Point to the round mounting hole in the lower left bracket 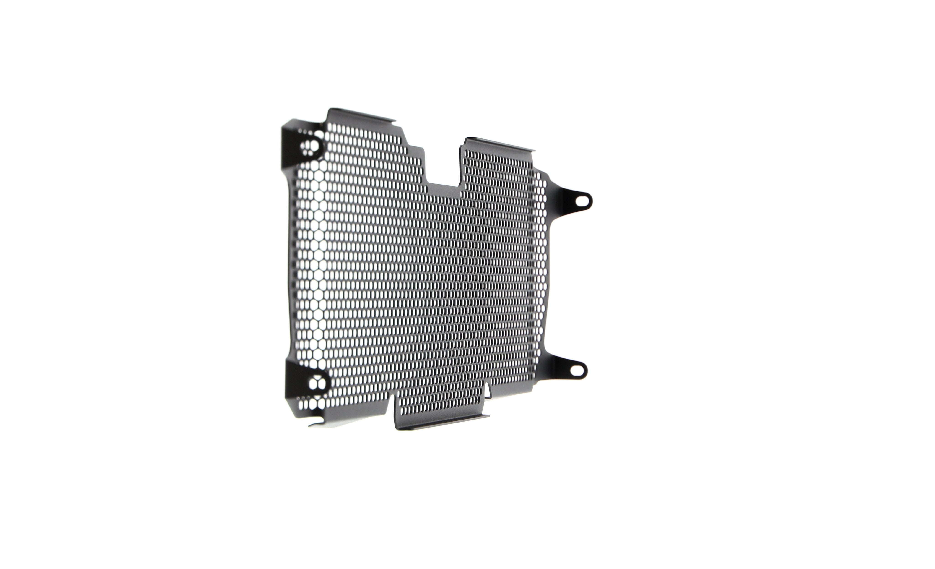(317, 383)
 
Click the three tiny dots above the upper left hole (305, 131)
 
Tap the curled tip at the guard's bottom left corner (313, 424)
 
